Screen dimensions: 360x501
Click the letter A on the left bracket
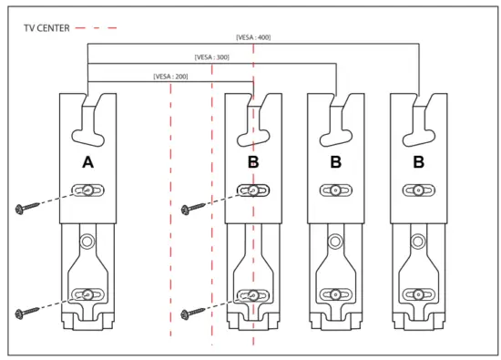(87, 162)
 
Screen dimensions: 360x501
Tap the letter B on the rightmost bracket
(418, 162)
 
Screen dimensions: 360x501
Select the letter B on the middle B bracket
(335, 162)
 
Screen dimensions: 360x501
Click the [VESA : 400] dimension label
(252, 37)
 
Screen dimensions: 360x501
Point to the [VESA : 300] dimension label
(211, 57)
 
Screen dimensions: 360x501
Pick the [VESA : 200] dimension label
(170, 77)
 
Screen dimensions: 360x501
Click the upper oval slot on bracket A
(87, 190)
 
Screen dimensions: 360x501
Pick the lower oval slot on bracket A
(87, 294)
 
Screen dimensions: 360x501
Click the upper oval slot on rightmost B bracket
(418, 190)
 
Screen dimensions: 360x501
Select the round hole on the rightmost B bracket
(418, 242)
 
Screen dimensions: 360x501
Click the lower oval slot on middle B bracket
(335, 294)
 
